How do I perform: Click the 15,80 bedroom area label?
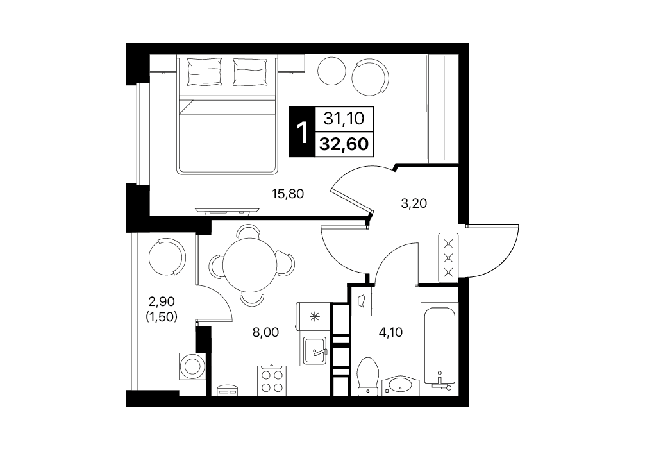pyautogui.click(x=288, y=193)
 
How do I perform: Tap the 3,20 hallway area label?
pyautogui.click(x=414, y=203)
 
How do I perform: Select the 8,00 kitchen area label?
pyautogui.click(x=265, y=332)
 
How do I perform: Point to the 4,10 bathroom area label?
pyautogui.click(x=390, y=332)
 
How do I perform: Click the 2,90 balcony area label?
pyautogui.click(x=162, y=301)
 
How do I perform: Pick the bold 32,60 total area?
pyautogui.click(x=344, y=144)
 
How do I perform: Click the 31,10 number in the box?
pyautogui.click(x=344, y=119)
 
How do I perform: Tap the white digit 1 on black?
pyautogui.click(x=303, y=133)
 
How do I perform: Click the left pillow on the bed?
pyautogui.click(x=205, y=72)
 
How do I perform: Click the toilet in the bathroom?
pyautogui.click(x=368, y=376)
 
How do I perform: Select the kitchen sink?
pyautogui.click(x=315, y=351)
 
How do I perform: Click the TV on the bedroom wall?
pyautogui.click(x=228, y=212)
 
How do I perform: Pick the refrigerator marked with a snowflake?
pyautogui.click(x=313, y=316)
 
